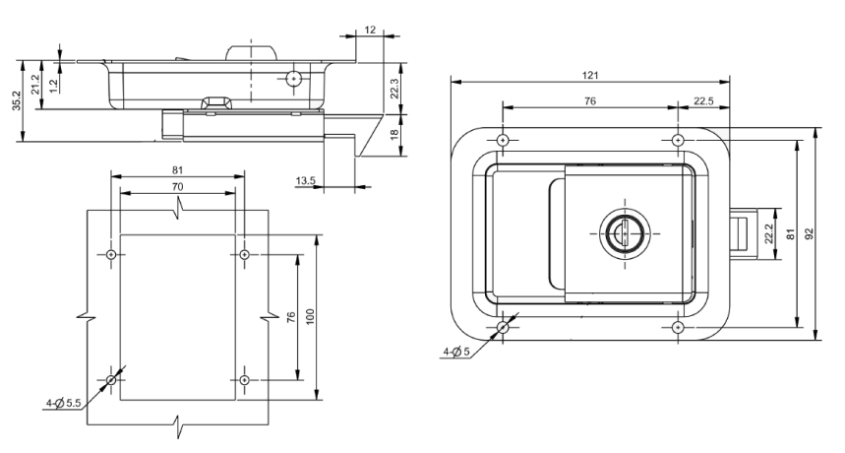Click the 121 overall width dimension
point(589,75)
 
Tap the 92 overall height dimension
point(809,234)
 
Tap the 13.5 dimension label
point(305,180)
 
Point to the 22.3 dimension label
point(394,89)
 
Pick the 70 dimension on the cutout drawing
point(177,185)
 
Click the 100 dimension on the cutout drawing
point(310,318)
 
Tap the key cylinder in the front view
point(620,232)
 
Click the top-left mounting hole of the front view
point(502,140)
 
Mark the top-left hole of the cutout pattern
point(111,256)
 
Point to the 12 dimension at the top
point(369,32)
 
